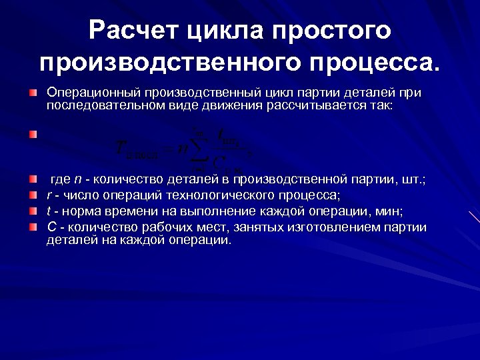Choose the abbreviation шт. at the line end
tap(417, 180)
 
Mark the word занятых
tap(257, 227)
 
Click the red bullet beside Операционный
tap(33, 91)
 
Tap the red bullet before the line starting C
tap(33, 227)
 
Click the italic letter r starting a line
tap(49, 195)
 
